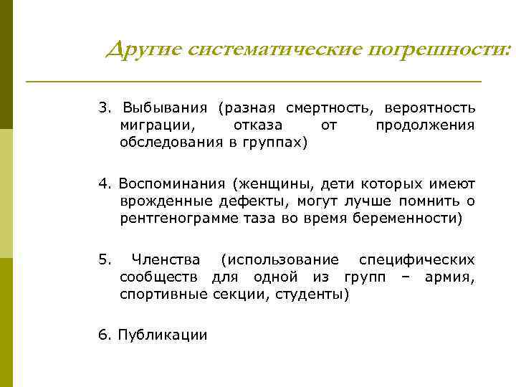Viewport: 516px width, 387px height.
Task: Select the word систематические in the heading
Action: coord(275,49)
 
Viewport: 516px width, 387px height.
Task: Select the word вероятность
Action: coord(430,108)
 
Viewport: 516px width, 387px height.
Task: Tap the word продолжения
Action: coord(425,125)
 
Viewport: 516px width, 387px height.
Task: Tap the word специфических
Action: coord(416,259)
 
